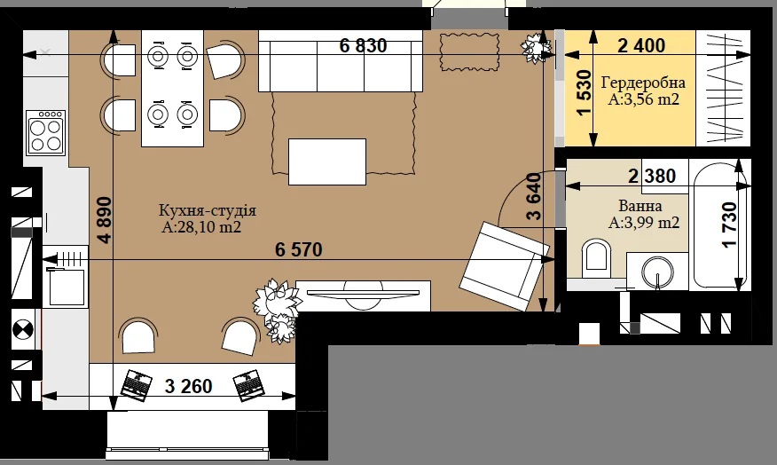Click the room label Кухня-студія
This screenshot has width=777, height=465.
point(208,210)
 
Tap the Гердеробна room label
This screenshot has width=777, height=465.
point(643,83)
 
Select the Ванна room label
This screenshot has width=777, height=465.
point(640,205)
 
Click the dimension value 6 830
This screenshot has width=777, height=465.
point(364,45)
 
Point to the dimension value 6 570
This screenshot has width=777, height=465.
point(299,249)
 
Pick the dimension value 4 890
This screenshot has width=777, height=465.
point(105,220)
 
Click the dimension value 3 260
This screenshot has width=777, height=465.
point(188,386)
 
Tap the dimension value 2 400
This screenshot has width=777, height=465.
point(641,45)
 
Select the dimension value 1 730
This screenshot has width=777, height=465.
point(729,225)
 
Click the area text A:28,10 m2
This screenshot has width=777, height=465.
point(201,227)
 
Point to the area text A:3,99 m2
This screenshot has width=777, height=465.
point(644,223)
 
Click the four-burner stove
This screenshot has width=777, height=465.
point(45,132)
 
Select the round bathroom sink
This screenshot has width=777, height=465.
point(657,272)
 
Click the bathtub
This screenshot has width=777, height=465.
point(719,225)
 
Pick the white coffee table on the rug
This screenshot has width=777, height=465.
point(327,162)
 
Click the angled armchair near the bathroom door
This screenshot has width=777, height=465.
point(505,266)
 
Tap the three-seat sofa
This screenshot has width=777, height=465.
point(341,61)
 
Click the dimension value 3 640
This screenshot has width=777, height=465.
point(534,196)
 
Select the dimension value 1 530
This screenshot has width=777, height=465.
point(585,92)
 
